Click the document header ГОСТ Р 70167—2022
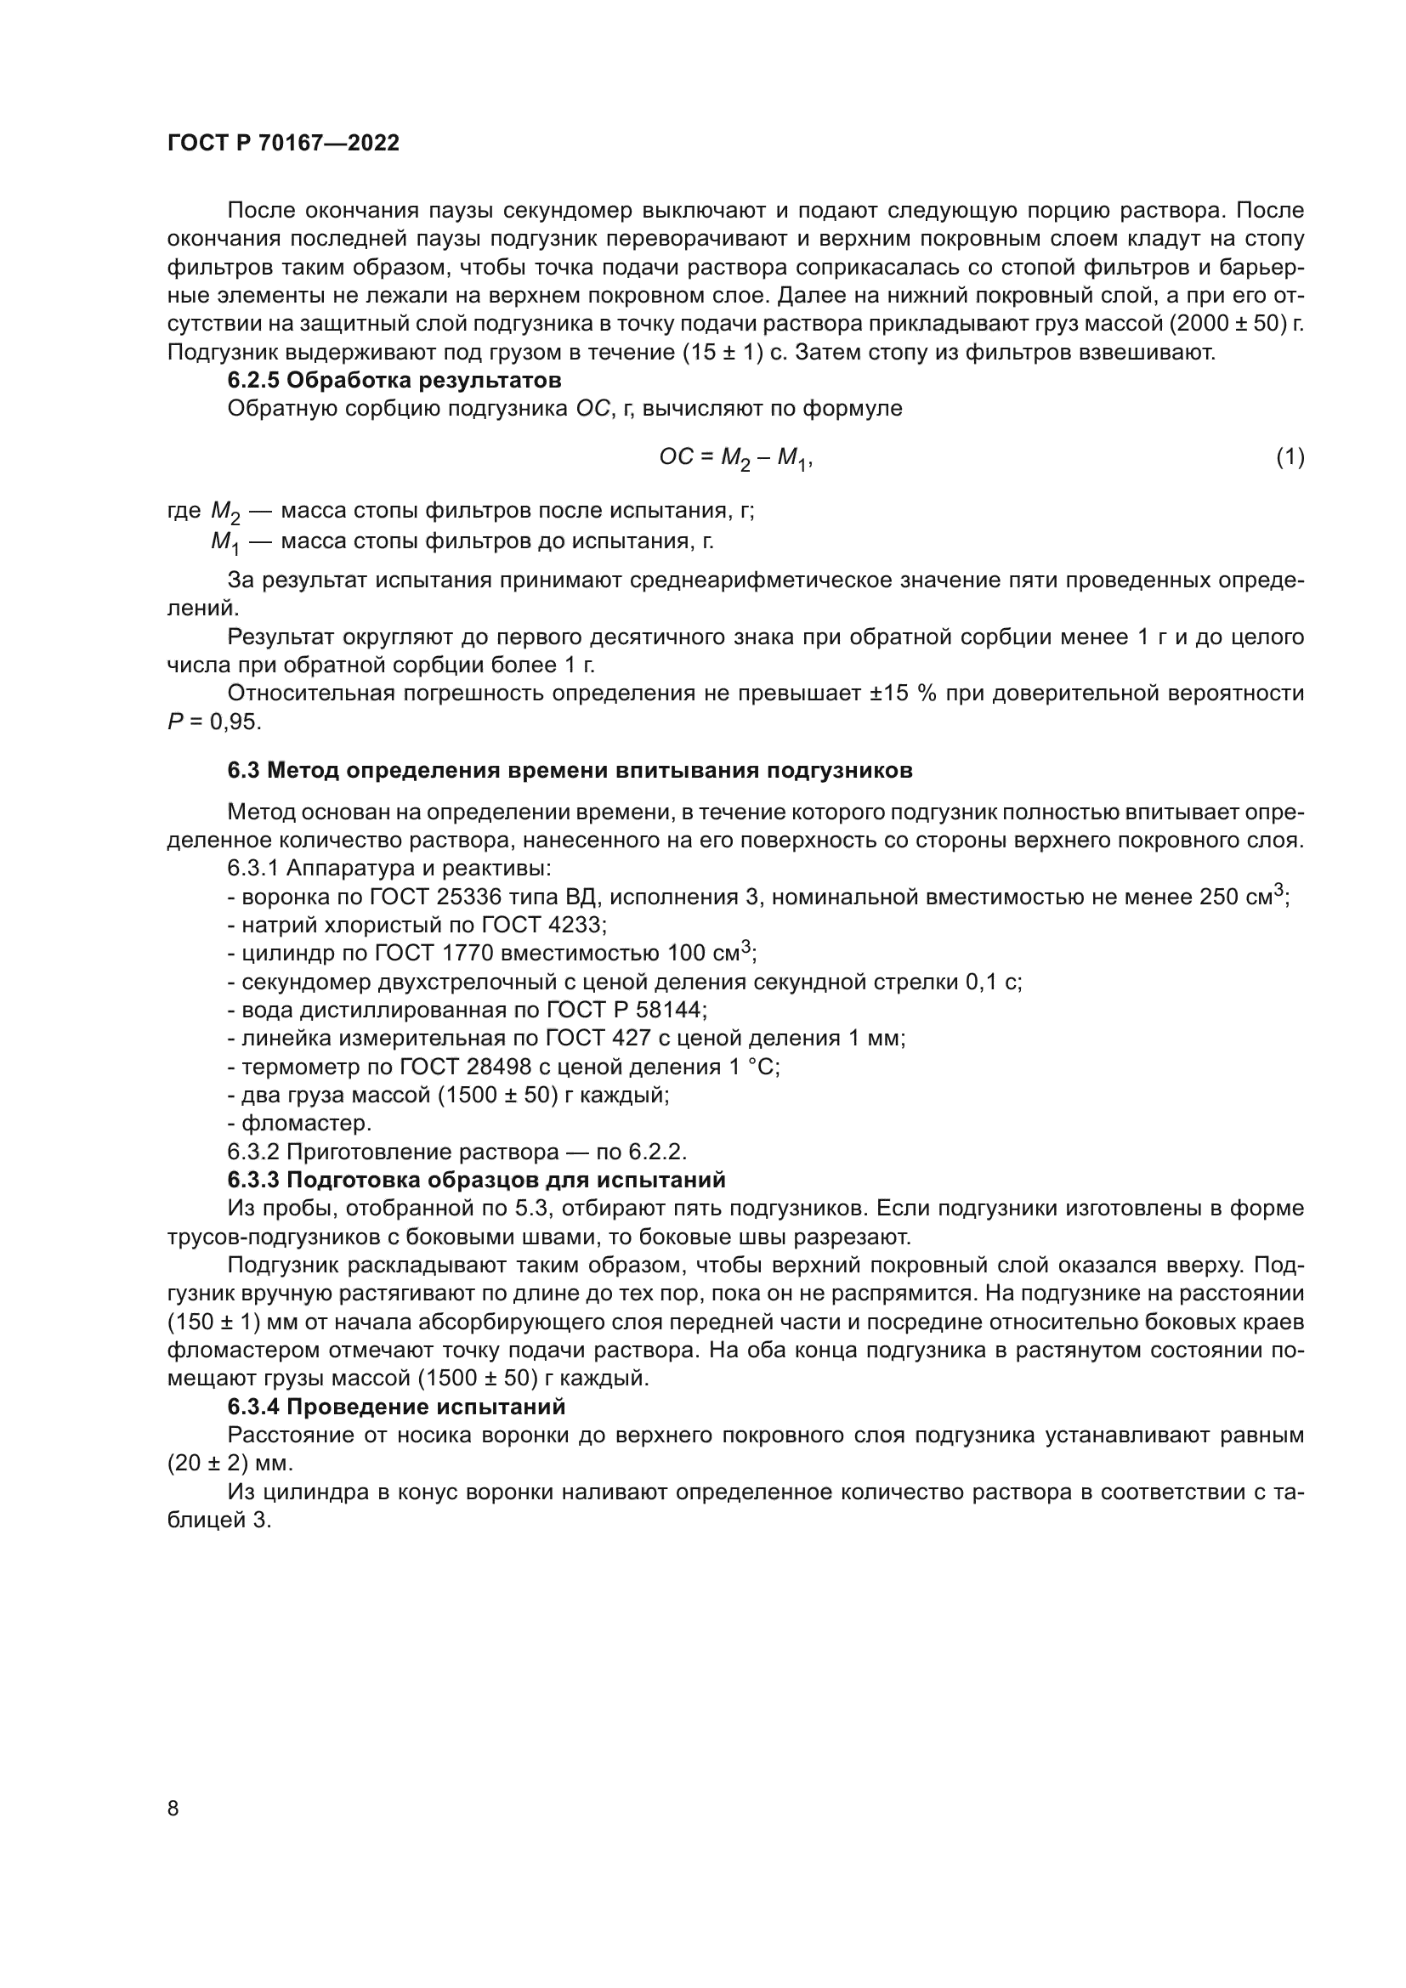pos(283,144)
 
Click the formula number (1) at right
pos(1290,456)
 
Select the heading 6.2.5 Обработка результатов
pos(394,380)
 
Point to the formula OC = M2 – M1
pos(735,458)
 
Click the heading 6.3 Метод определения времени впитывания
pos(570,771)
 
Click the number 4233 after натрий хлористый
pos(576,926)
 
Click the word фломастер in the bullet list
pos(306,1124)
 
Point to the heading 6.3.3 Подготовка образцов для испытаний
pos(476,1181)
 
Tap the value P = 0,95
pos(214,722)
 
